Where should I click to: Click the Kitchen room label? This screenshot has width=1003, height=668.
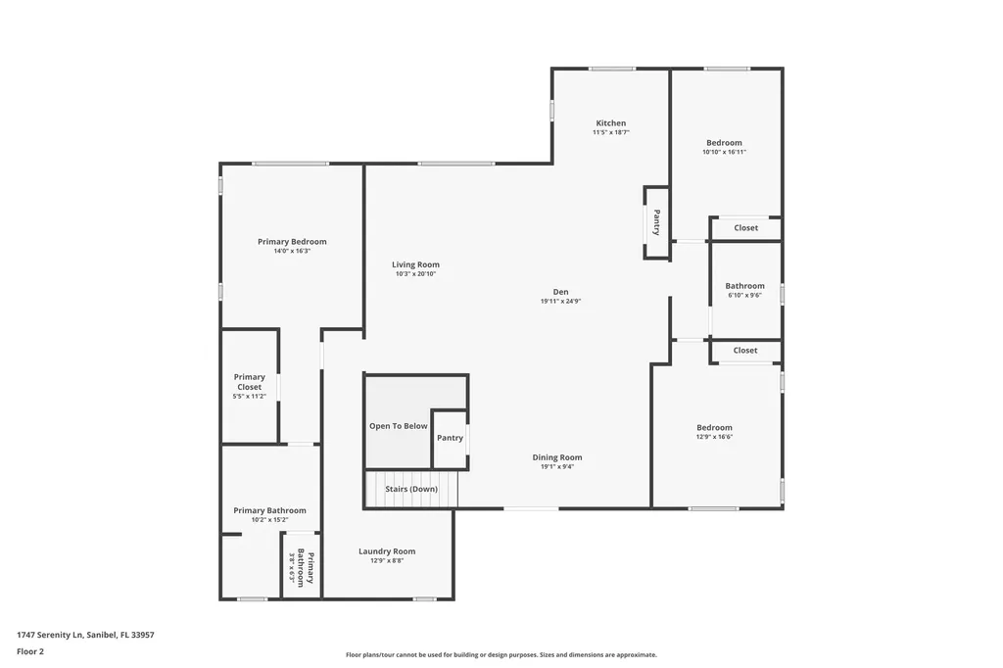coord(610,123)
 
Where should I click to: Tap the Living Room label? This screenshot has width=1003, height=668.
coord(415,264)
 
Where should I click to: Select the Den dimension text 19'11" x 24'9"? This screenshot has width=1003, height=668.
coord(560,302)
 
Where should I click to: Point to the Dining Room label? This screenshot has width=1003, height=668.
coord(557,457)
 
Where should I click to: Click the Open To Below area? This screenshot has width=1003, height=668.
coord(398,426)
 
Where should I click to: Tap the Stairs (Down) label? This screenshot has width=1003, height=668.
coord(410,489)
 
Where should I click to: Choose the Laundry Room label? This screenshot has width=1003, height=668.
coord(387,551)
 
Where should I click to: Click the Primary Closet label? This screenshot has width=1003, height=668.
coord(249,382)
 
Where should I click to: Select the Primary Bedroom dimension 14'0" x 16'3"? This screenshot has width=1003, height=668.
coord(292,251)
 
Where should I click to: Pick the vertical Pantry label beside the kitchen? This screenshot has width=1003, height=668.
coord(656,223)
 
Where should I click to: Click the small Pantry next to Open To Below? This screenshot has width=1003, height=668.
coord(450,438)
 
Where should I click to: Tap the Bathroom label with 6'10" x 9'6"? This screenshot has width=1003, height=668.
coord(744,286)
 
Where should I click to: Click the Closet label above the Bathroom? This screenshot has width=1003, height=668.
coord(745,228)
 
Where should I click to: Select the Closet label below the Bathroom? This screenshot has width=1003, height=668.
coord(745,351)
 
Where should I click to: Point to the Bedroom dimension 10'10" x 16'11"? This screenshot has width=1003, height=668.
coord(724,152)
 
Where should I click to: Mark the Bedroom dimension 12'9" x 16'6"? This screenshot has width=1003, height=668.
coord(714,437)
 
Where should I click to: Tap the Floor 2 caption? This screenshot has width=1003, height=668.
coord(30,651)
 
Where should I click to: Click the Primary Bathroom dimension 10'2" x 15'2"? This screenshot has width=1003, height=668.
coord(269,520)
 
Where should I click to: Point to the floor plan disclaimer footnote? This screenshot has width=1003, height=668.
coord(501,655)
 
